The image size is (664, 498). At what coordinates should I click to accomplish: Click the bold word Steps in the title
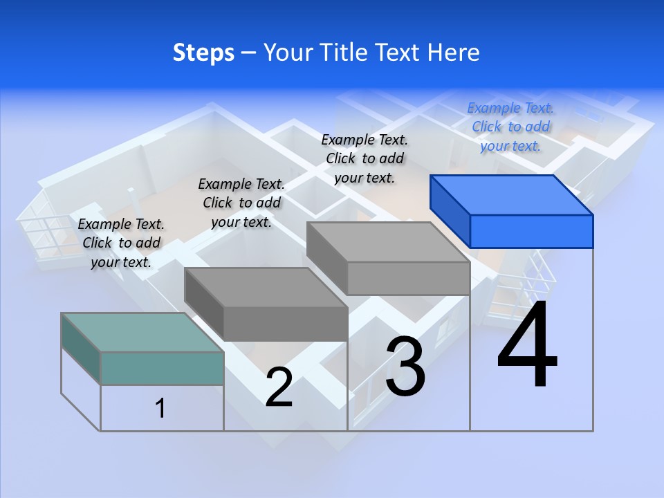[x=203, y=53]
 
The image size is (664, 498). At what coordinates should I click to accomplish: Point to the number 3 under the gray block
[x=405, y=367]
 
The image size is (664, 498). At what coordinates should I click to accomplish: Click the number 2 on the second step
[x=279, y=387]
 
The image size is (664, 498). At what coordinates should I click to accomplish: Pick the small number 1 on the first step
[x=160, y=408]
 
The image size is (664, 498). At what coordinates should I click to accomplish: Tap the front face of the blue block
[x=531, y=231]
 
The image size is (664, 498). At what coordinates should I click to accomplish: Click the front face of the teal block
[x=162, y=368]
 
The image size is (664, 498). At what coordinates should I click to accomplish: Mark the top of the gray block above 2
[x=266, y=287]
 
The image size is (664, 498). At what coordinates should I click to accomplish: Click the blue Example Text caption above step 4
[x=510, y=127]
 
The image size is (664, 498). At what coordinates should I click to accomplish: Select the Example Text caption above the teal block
[x=121, y=243]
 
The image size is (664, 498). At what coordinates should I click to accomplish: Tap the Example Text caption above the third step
[x=365, y=158]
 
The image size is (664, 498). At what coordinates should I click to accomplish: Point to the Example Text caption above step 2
[x=241, y=203]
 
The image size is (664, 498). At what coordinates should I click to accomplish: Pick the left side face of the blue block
[x=450, y=210]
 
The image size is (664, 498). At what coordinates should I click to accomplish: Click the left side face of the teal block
[x=81, y=348]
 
